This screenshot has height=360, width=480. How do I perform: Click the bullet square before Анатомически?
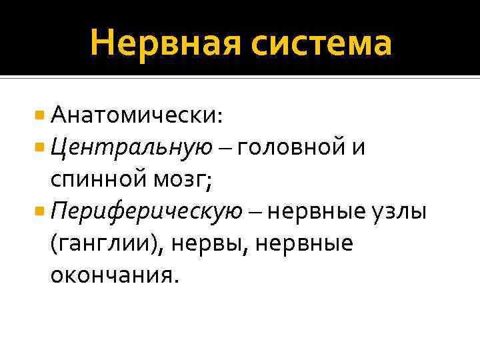click(x=41, y=115)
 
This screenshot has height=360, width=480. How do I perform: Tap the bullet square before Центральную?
click(x=41, y=147)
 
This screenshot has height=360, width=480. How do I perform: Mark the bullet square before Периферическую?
click(x=41, y=211)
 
